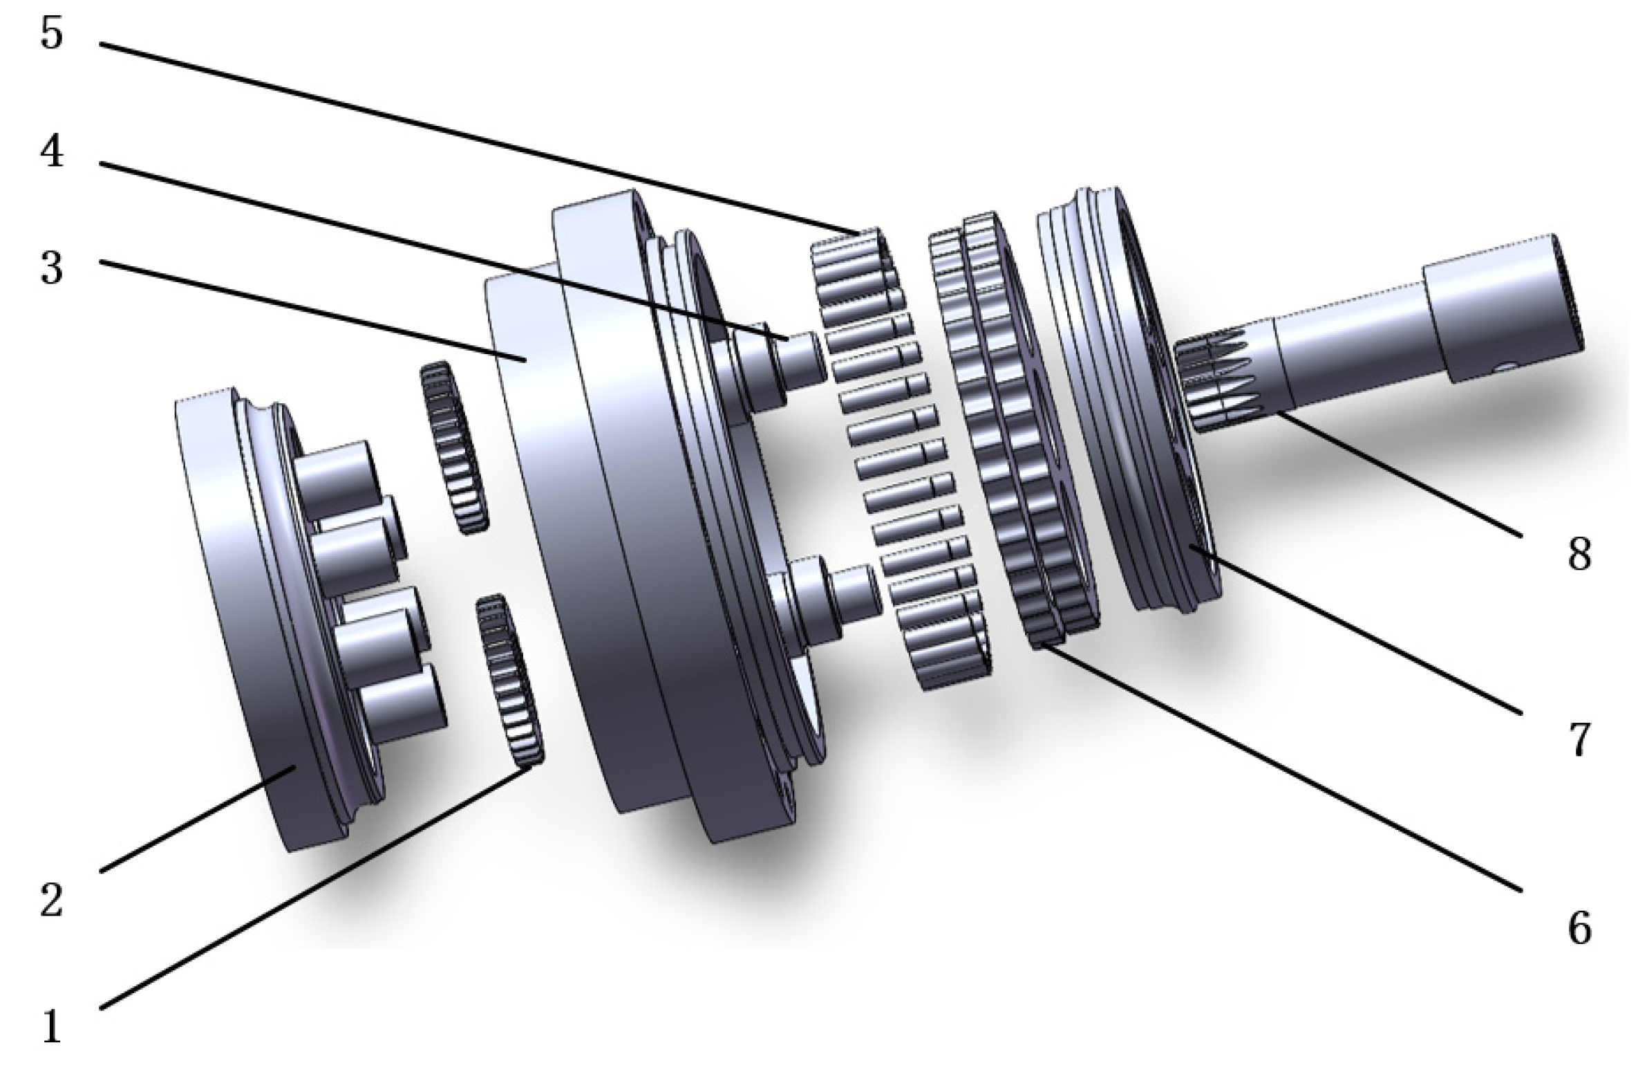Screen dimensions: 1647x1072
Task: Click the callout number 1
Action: pyautogui.click(x=53, y=1026)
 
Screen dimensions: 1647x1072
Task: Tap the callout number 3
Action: pyautogui.click(x=52, y=268)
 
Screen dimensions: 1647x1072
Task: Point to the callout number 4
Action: pyautogui.click(x=52, y=150)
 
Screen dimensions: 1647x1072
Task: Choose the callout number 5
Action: pyautogui.click(x=52, y=33)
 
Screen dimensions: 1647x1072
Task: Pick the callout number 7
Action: pyautogui.click(x=1579, y=739)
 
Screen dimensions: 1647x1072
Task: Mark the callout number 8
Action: pyautogui.click(x=1579, y=554)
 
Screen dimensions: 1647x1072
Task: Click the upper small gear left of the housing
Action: pyautogui.click(x=453, y=447)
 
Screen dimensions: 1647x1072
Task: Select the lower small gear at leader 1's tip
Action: pyautogui.click(x=510, y=680)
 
